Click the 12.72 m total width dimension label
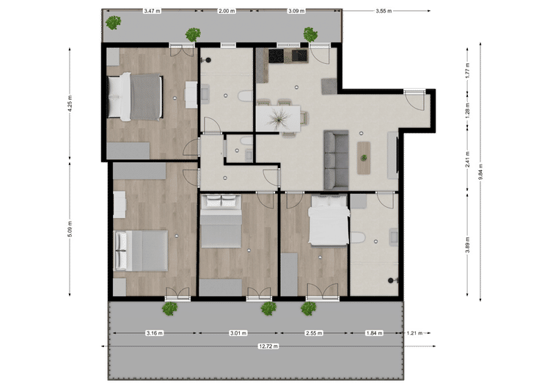(268, 346)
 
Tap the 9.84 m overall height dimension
(480, 172)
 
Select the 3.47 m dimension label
(153, 11)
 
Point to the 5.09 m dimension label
(70, 228)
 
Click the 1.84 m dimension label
(374, 332)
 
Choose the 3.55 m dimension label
(384, 11)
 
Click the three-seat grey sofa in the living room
(336, 160)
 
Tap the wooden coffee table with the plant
(364, 158)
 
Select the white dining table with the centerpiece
(278, 118)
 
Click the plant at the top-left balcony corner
(113, 23)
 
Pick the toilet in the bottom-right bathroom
(358, 238)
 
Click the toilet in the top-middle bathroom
(245, 96)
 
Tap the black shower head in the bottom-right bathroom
(391, 280)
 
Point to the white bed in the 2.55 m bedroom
(329, 220)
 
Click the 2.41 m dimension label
(468, 160)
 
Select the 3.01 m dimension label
(238, 332)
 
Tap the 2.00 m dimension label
(227, 11)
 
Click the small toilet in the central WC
(246, 141)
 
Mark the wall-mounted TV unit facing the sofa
(393, 155)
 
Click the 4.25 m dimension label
(70, 103)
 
